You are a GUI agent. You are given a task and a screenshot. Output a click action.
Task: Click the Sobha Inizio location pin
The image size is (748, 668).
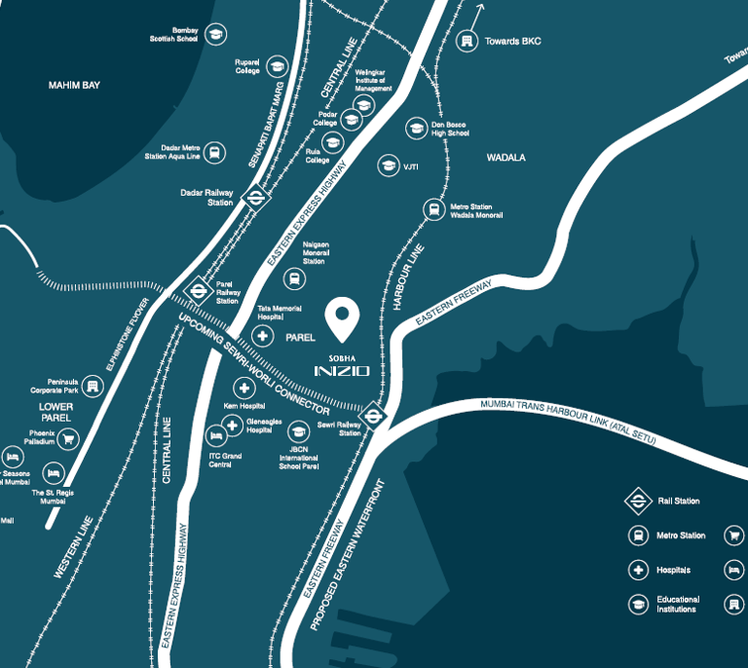tap(343, 315)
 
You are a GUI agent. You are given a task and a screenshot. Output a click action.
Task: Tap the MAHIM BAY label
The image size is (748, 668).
tap(75, 86)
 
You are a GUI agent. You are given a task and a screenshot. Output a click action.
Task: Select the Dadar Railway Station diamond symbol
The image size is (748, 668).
tap(255, 197)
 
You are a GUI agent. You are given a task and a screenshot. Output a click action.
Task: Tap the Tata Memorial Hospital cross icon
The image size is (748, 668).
tap(262, 336)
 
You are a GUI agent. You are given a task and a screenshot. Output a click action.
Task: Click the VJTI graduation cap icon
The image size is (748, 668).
tap(388, 166)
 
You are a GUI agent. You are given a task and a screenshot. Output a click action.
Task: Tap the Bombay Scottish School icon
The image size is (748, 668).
tap(215, 34)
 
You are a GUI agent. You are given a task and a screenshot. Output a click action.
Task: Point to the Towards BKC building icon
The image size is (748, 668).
tap(467, 42)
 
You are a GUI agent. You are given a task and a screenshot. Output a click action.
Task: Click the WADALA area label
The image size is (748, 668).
tap(505, 157)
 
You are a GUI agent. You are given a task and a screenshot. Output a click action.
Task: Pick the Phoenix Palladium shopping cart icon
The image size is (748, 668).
tap(67, 439)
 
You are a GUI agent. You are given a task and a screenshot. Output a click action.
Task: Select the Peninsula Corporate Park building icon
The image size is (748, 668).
tap(93, 387)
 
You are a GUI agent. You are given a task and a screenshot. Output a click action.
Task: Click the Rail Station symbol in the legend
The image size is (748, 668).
tap(638, 501)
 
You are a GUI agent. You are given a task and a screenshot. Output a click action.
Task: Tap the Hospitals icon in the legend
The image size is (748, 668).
tap(638, 570)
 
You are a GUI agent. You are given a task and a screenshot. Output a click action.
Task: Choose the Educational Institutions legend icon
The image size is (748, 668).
tap(638, 604)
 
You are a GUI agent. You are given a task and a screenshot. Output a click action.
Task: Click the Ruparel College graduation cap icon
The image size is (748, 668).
tap(278, 66)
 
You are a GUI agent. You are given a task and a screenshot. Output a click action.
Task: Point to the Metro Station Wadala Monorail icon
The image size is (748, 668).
tap(432, 208)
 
